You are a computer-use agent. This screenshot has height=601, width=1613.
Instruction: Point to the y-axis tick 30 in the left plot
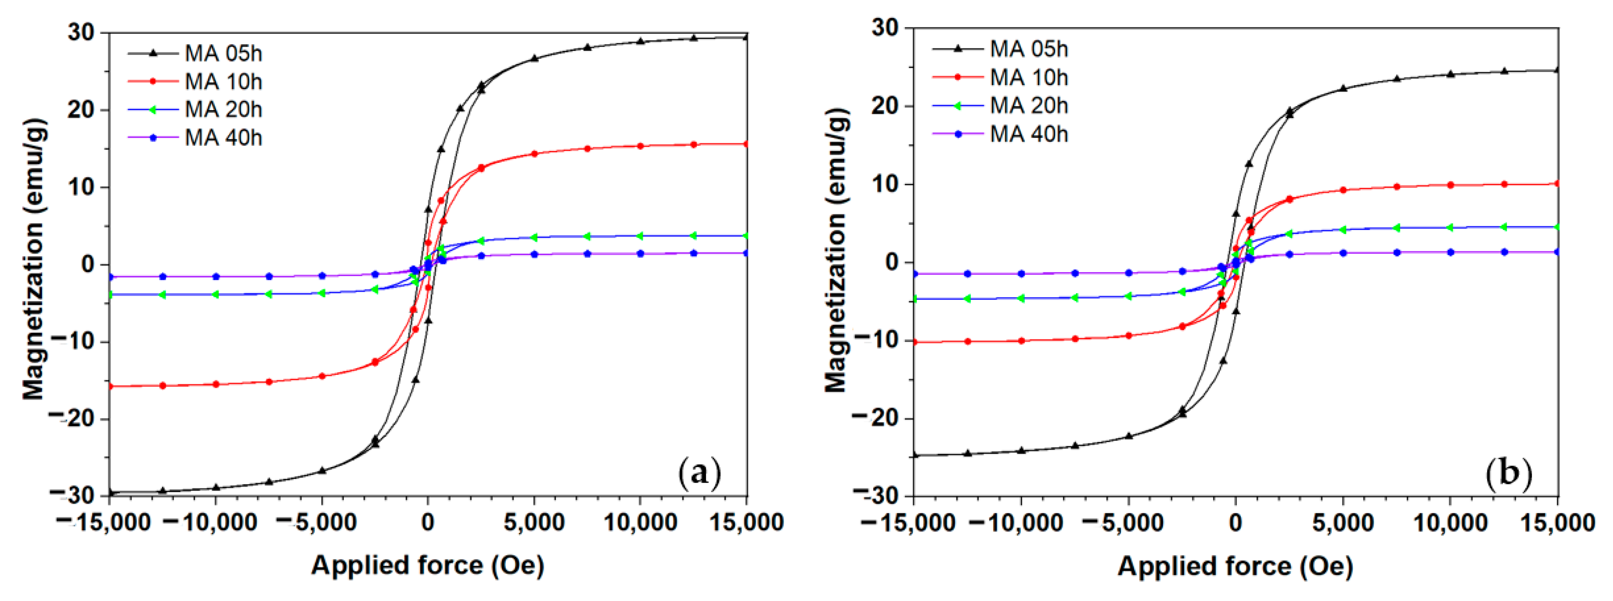[81, 32]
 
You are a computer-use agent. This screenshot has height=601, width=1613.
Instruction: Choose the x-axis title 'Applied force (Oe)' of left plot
[428, 565]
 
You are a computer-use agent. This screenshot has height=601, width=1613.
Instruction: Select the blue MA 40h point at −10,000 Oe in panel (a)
[216, 276]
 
